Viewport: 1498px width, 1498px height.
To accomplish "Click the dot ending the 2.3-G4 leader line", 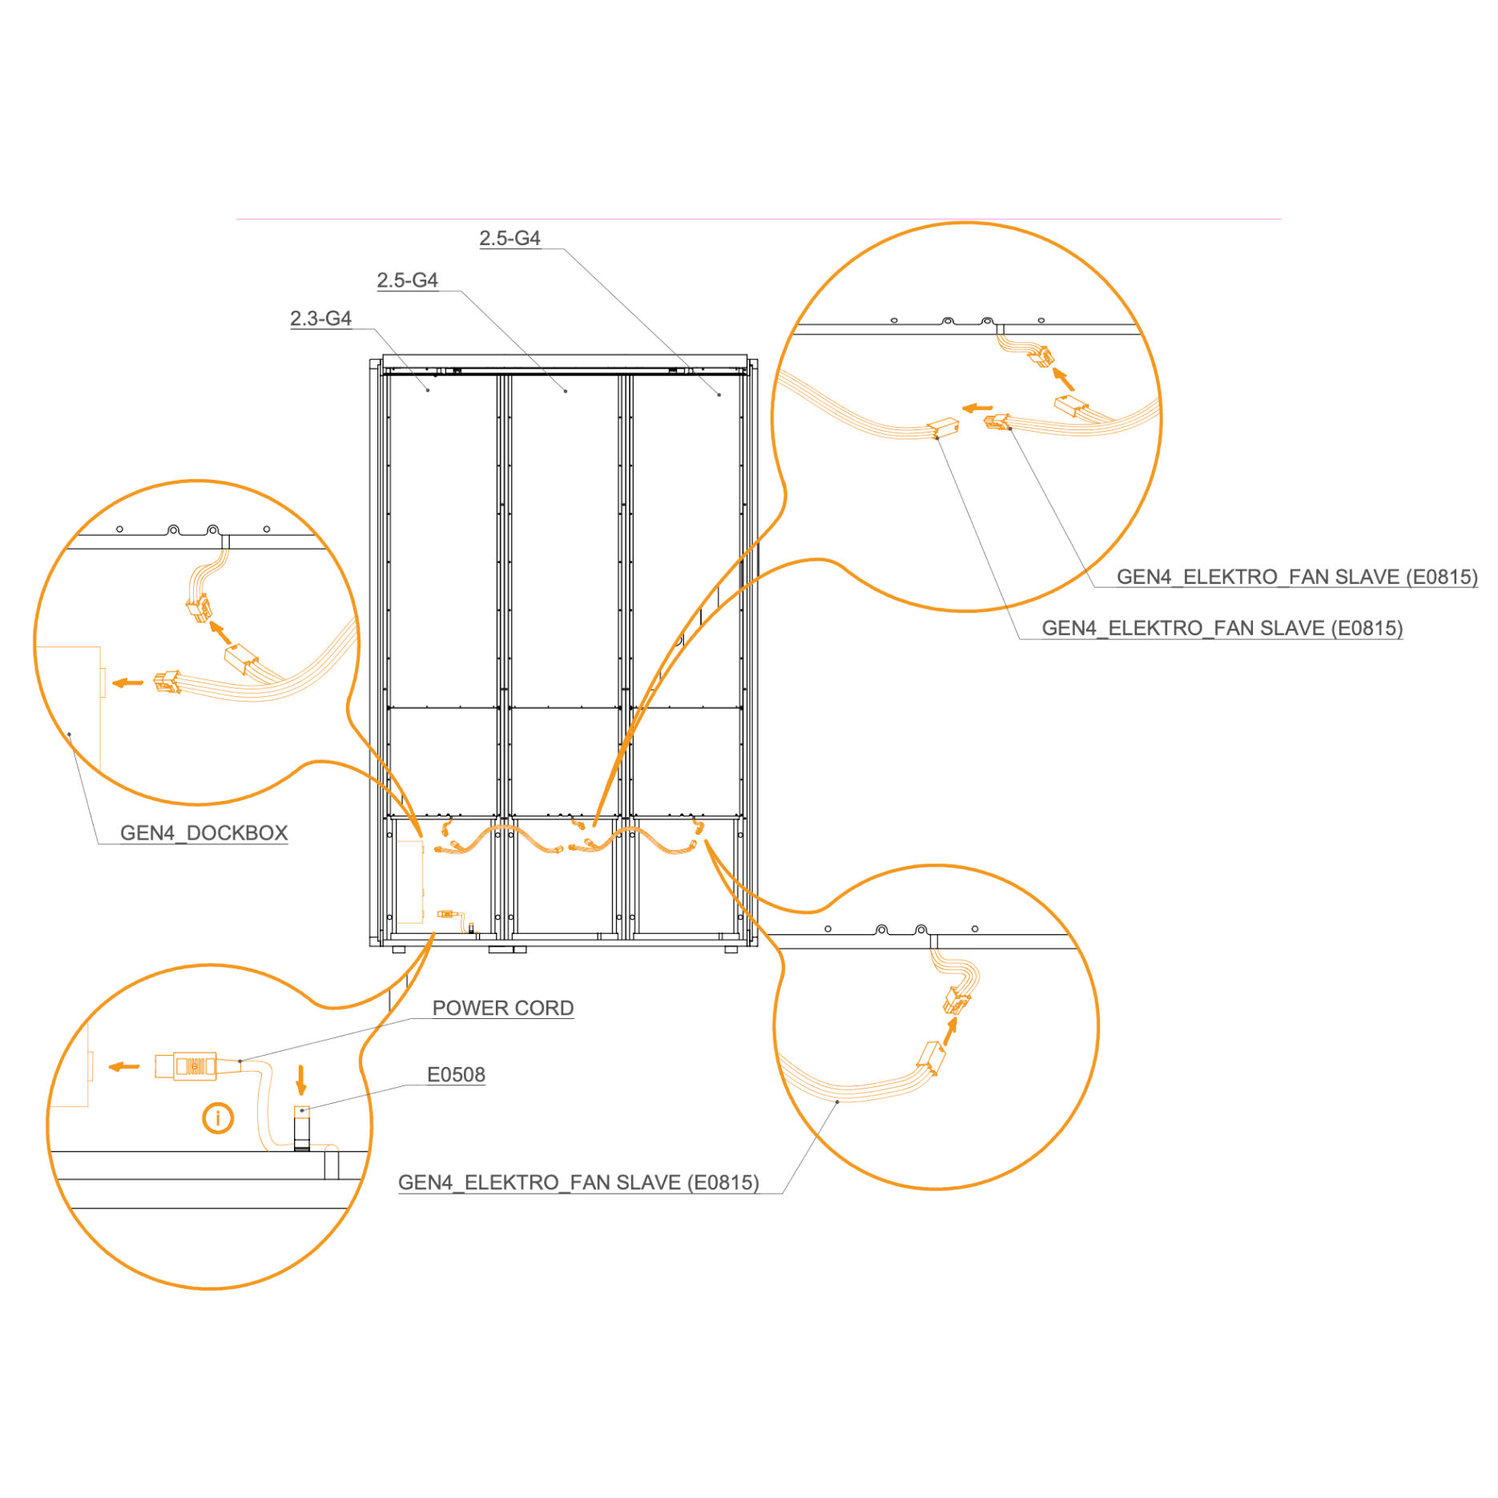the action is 428,390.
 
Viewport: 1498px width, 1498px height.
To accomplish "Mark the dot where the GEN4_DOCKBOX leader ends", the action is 70,733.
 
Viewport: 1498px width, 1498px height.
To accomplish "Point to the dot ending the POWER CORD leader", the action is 240,1061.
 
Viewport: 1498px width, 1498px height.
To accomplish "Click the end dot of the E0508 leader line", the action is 302,1110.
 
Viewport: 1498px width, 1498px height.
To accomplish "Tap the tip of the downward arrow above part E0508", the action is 301,1094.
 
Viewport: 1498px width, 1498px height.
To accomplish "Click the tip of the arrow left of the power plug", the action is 109,1066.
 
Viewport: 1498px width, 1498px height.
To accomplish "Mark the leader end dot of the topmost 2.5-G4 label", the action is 719,394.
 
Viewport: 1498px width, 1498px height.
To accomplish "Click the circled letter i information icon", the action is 218,1117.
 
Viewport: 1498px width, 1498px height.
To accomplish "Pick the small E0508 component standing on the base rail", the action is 301,1128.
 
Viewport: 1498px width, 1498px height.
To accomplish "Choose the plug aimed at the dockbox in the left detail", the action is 167,682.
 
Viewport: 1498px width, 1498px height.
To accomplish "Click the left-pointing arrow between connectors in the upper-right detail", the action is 977,408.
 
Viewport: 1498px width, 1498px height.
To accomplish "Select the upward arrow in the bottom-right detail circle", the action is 951,1030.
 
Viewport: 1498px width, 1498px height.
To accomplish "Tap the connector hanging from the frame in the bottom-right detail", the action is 956,1001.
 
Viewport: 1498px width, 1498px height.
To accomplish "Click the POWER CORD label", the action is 503,1008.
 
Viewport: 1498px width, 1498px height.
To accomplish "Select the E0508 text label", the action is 456,1074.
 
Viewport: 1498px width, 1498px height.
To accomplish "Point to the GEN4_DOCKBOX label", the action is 203,833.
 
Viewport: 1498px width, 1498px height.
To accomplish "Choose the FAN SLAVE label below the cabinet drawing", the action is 578,1182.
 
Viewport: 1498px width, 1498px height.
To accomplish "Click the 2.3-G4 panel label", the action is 320,318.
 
